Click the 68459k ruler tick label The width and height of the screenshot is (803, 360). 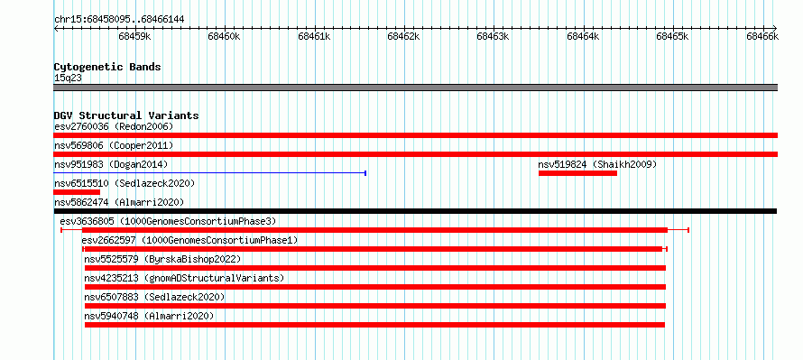(x=135, y=37)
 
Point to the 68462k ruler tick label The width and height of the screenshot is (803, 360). (x=404, y=37)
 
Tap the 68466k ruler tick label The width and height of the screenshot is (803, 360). (x=762, y=37)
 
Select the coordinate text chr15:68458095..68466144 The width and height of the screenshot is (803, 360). (x=119, y=20)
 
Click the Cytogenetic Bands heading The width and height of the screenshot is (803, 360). (x=107, y=67)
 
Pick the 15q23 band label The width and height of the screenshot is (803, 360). (x=68, y=78)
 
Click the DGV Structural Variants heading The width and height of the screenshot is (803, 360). (x=126, y=115)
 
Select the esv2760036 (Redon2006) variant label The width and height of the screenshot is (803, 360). (x=115, y=126)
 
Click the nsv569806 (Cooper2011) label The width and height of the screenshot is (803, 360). (x=115, y=146)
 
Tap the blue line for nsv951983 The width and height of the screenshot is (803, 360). (x=210, y=173)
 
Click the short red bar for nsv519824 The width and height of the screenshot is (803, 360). (x=577, y=173)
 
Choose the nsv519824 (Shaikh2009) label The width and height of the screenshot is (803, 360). (x=597, y=164)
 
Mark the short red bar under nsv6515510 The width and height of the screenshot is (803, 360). (x=77, y=192)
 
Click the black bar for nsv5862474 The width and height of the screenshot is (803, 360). (x=415, y=211)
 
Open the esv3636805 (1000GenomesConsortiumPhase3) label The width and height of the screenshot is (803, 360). (x=168, y=221)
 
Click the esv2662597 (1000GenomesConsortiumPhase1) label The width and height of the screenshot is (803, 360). (x=189, y=240)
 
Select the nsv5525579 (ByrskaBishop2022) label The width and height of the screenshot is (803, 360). (x=162, y=259)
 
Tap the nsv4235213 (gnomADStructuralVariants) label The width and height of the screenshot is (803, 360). (x=184, y=278)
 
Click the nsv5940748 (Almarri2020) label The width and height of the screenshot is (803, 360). (x=149, y=316)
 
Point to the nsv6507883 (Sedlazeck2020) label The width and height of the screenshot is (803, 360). (x=154, y=297)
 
